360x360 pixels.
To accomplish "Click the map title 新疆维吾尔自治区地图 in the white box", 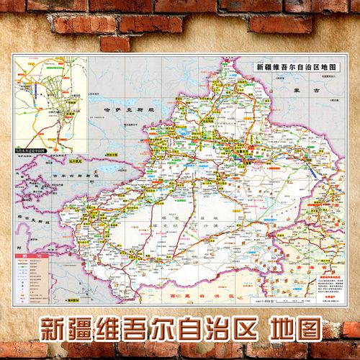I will (x=294, y=68).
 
